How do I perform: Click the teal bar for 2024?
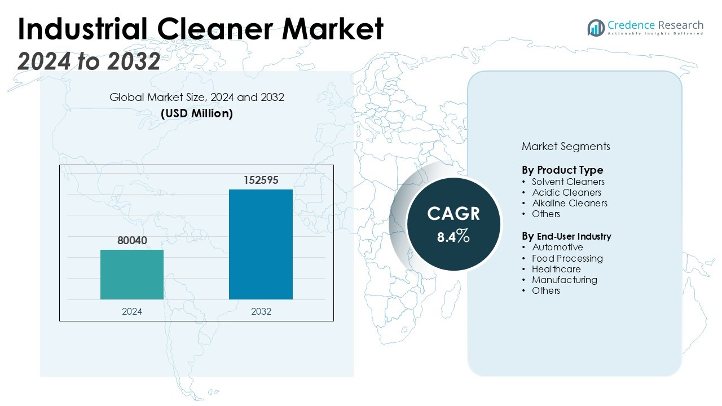[x=132, y=275]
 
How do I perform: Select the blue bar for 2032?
[x=261, y=244]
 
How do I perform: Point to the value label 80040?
[x=132, y=241]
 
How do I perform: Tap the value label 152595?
[x=261, y=180]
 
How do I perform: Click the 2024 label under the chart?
[x=132, y=311]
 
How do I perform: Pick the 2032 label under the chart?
[x=261, y=311]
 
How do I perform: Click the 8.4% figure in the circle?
[x=454, y=236]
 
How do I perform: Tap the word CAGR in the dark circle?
[x=454, y=214]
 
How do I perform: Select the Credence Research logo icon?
[x=596, y=28]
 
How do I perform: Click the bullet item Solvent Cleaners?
[x=568, y=182]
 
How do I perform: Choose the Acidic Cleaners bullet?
[x=566, y=192]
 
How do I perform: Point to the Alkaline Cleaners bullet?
[x=569, y=203]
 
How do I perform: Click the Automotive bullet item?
[x=557, y=247]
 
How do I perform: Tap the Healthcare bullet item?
[x=556, y=269]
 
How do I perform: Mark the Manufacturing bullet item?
[x=564, y=280]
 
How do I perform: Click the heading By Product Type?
[x=562, y=170]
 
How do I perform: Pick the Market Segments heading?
[x=566, y=147]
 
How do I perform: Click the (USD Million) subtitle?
[x=197, y=113]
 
